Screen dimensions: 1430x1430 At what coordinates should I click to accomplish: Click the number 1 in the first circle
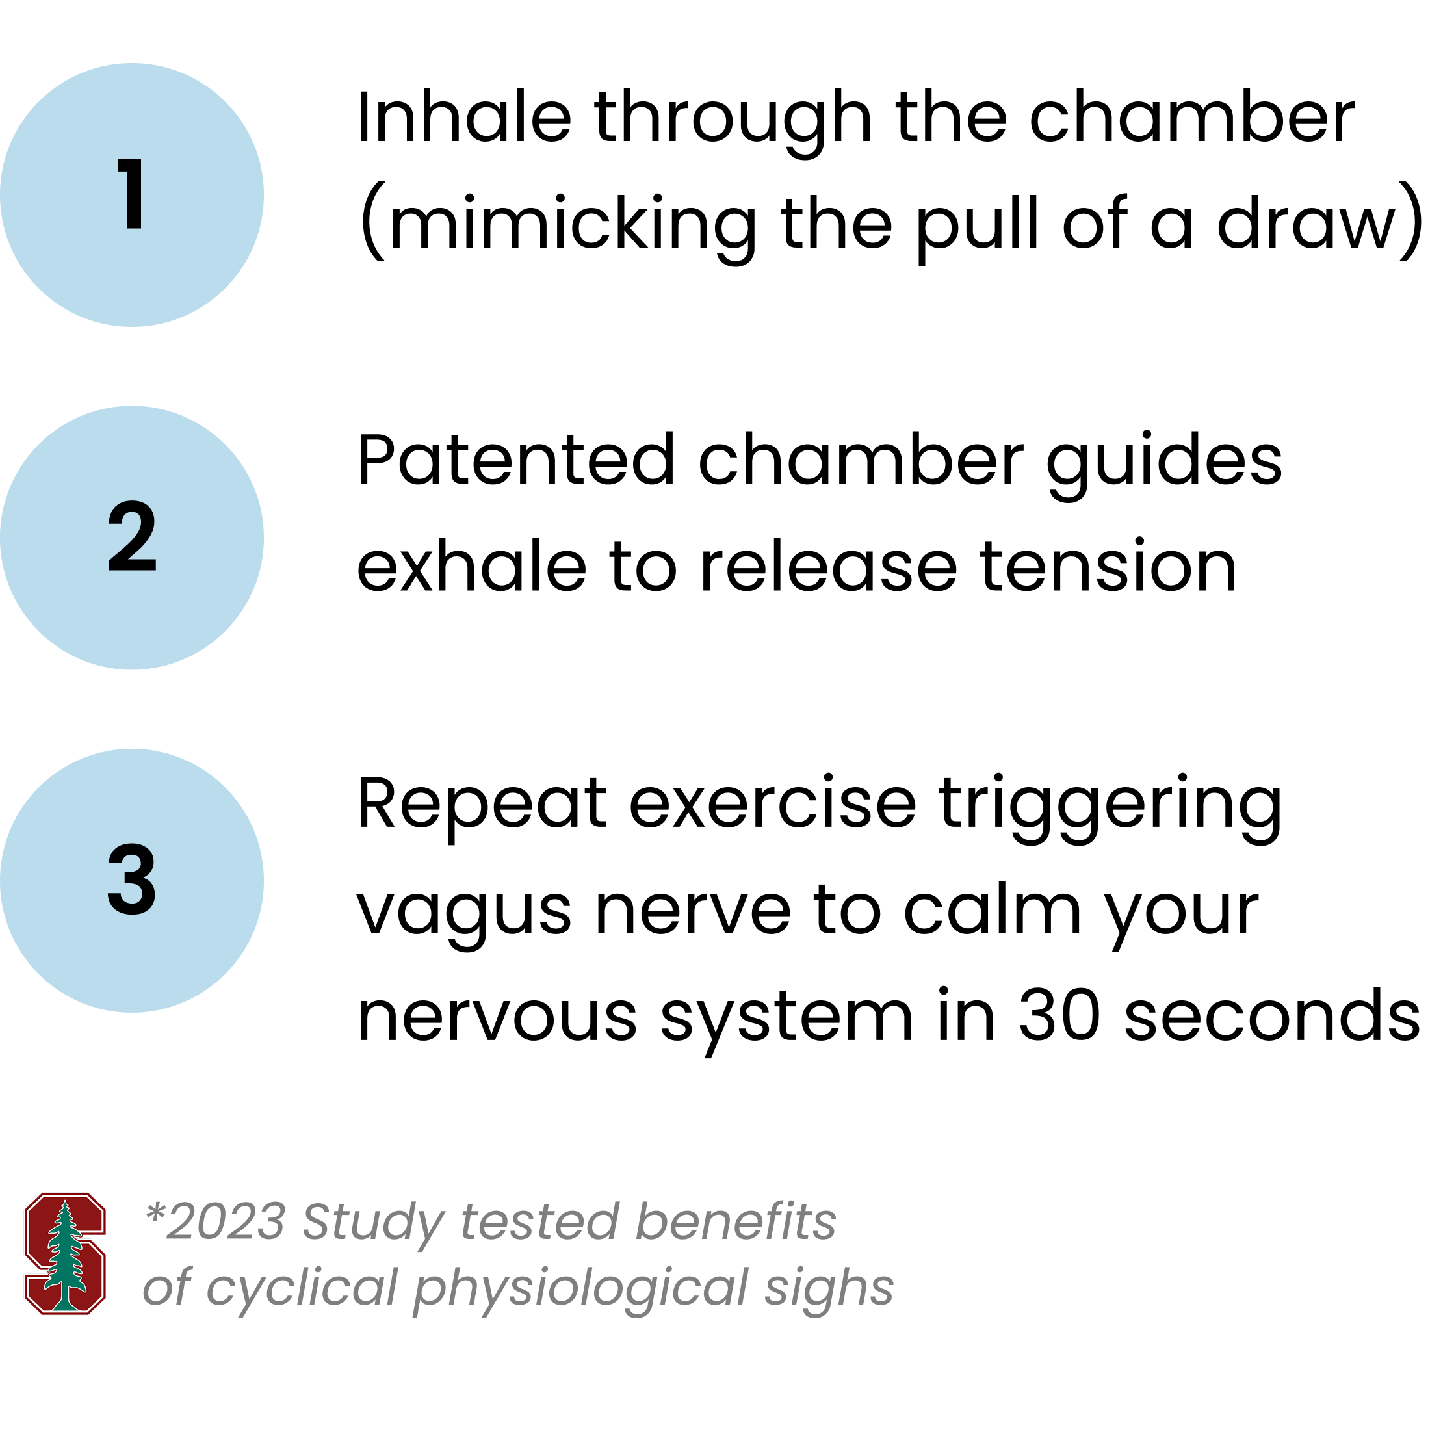pyautogui.click(x=132, y=194)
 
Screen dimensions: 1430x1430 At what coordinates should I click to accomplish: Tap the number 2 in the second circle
pyautogui.click(x=132, y=537)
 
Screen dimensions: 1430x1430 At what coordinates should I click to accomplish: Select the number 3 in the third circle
pyautogui.click(x=132, y=880)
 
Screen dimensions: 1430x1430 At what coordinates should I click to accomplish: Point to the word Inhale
pyautogui.click(x=464, y=117)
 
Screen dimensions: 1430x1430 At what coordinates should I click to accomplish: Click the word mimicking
pyautogui.click(x=573, y=224)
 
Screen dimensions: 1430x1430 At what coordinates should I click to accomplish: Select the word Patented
pyautogui.click(x=516, y=460)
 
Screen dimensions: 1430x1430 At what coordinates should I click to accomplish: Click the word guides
pyautogui.click(x=1164, y=465)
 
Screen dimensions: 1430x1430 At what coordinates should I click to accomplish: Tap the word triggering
pyautogui.click(x=1110, y=807)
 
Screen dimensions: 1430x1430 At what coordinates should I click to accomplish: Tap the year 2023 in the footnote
pyautogui.click(x=225, y=1221)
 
